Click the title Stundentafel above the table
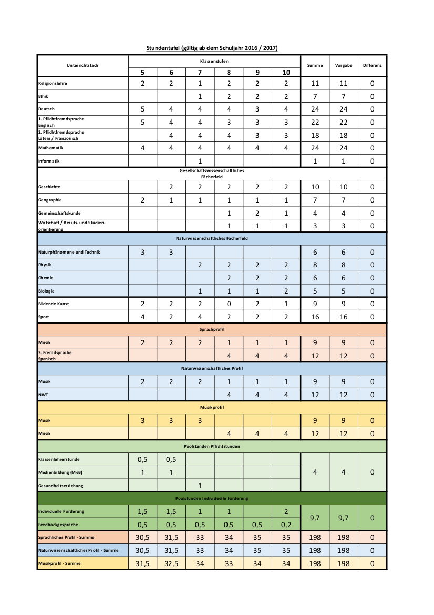[212, 48]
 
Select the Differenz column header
[372, 65]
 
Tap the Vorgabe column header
[344, 65]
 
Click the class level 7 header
[200, 73]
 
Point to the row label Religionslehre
[53, 83]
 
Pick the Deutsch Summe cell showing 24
[315, 109]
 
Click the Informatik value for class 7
[200, 162]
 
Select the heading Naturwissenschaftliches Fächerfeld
[212, 239]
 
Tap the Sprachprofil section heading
[212, 329]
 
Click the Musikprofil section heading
[212, 407]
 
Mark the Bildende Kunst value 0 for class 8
[229, 304]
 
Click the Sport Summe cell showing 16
[315, 317]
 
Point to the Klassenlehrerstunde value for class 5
[142, 459]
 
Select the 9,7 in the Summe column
[315, 518]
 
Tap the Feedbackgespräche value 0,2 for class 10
[286, 525]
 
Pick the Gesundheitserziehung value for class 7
[200, 486]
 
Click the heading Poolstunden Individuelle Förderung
[212, 498]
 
